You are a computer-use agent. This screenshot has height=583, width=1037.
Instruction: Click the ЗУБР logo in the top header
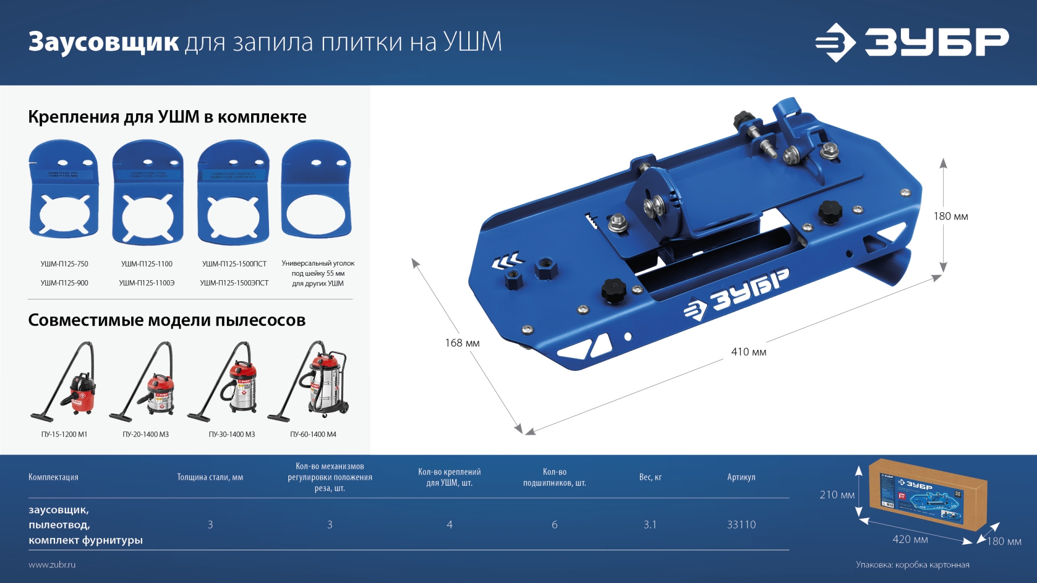912,42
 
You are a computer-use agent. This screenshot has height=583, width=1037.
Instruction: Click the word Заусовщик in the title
104,42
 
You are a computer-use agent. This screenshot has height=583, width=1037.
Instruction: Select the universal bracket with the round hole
317,192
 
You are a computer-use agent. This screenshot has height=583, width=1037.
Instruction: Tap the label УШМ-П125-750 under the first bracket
64,264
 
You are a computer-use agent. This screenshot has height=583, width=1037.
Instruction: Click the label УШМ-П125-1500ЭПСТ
234,283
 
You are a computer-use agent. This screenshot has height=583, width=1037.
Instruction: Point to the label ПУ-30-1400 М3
232,435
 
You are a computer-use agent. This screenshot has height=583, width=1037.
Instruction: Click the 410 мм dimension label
749,352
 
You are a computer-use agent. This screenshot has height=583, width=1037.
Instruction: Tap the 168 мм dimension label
462,343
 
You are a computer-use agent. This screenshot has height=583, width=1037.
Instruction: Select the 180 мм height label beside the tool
951,216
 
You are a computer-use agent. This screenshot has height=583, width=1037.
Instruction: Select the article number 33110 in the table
741,525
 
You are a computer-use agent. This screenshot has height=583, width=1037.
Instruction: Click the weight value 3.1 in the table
650,525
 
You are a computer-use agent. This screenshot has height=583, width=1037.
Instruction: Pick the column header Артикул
741,477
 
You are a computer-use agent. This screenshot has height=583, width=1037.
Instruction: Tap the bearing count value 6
554,525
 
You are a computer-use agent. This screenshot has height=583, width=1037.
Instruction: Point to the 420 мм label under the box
910,539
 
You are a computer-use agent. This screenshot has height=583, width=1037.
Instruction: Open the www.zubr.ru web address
52,565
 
